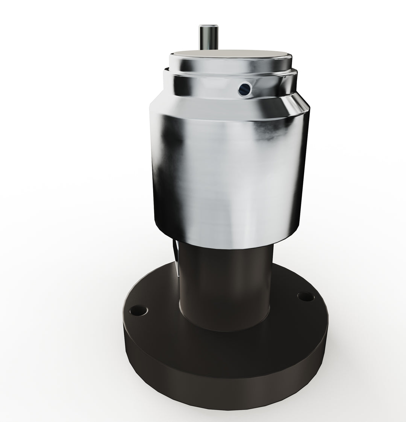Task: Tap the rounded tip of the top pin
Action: point(206,27)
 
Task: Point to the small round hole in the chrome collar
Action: point(244,89)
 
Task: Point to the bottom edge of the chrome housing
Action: point(226,248)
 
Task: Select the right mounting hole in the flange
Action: point(305,297)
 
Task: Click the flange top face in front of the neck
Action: point(226,346)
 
